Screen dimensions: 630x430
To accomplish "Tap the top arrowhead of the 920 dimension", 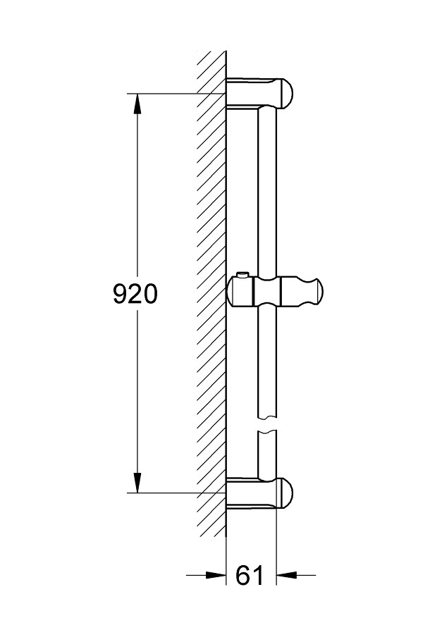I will [137, 101].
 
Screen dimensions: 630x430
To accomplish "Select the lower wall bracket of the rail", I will [258, 492].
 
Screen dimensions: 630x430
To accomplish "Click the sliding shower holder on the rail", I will [275, 290].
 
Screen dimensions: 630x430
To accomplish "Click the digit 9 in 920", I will [121, 294].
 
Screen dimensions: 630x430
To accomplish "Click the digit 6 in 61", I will [242, 576].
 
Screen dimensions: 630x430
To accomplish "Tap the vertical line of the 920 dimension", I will [137, 211].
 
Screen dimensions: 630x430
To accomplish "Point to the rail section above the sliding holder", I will [268, 190].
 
